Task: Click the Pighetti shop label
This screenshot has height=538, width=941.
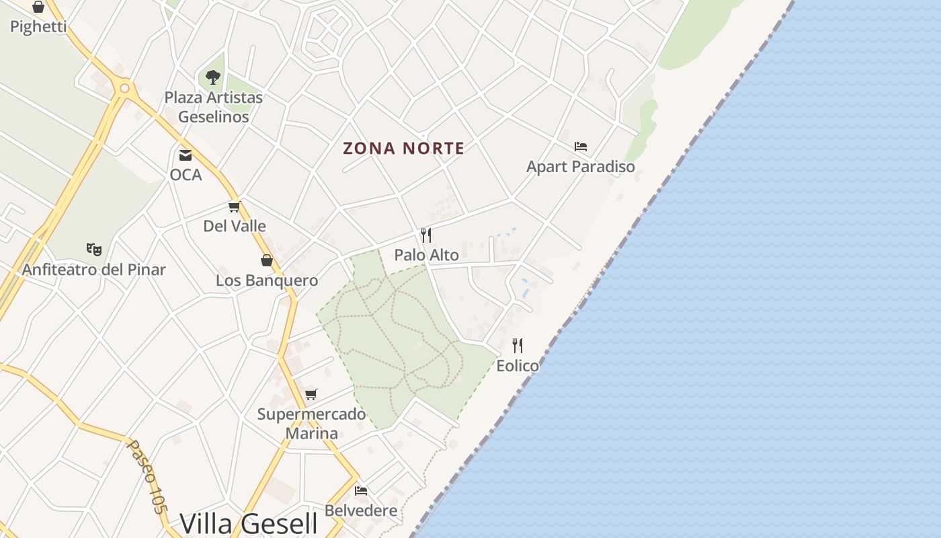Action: coord(38,27)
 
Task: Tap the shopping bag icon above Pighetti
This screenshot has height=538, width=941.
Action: coord(38,7)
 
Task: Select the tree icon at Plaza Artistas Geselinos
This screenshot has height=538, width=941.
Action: coord(213,77)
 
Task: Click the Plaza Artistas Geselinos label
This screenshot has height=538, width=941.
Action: coord(213,107)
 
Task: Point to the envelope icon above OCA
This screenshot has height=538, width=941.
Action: coord(186,155)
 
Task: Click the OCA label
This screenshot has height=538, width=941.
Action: coord(186,175)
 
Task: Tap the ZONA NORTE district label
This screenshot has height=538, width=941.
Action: coord(403,148)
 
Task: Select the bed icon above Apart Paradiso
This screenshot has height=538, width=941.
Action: coord(581,147)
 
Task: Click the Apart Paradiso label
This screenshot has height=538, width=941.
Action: coord(581,166)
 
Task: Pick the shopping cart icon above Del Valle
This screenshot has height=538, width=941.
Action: coord(234,206)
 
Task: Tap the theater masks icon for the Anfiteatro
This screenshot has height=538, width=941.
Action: coord(94,249)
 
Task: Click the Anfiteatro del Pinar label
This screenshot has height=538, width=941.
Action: coord(94,270)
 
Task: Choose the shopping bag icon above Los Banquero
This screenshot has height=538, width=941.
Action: coord(267,260)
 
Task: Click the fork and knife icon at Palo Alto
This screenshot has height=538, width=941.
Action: coord(426,235)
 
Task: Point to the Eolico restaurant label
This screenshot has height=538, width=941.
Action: coord(518,366)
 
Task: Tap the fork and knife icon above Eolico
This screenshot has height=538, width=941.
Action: coord(518,346)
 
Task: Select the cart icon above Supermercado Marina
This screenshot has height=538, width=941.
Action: coord(311,394)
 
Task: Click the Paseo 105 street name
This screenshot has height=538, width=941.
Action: coord(147,477)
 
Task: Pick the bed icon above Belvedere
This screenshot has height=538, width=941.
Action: coord(361,491)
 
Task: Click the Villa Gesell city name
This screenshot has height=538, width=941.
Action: coord(249,523)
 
